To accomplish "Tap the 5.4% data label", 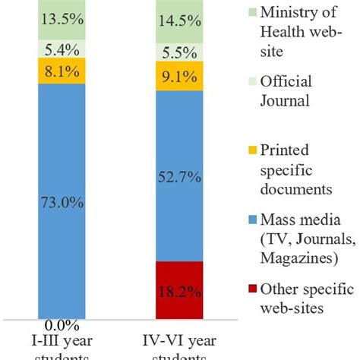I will coord(64,51).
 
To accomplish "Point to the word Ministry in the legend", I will coord(292,11).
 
